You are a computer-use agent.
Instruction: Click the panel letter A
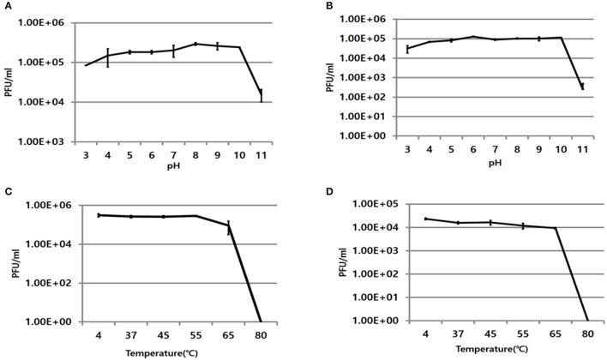tap(6, 7)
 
